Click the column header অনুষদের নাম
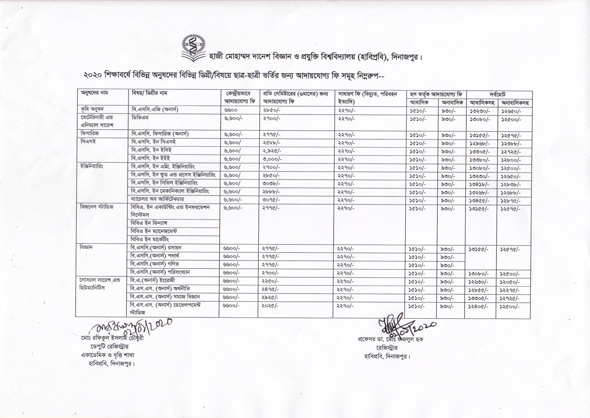coord(94,93)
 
